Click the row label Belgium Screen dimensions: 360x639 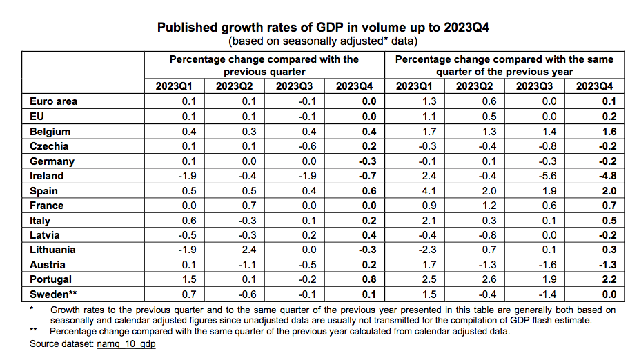click(x=50, y=131)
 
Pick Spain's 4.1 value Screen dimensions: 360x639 click(x=426, y=191)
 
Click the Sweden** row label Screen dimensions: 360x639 click(x=53, y=294)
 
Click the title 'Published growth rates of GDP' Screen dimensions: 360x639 click(x=324, y=28)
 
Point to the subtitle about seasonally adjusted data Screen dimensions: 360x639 click(x=324, y=41)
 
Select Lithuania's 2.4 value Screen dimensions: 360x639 click(x=247, y=250)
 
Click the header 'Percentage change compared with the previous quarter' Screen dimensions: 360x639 click(x=264, y=66)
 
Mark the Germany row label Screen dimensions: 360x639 click(x=52, y=161)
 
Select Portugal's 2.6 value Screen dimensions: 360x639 click(x=486, y=280)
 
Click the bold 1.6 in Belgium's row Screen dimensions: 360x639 click(x=609, y=131)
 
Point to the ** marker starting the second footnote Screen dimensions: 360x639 click(x=33, y=332)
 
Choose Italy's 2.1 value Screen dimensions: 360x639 click(x=426, y=221)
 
